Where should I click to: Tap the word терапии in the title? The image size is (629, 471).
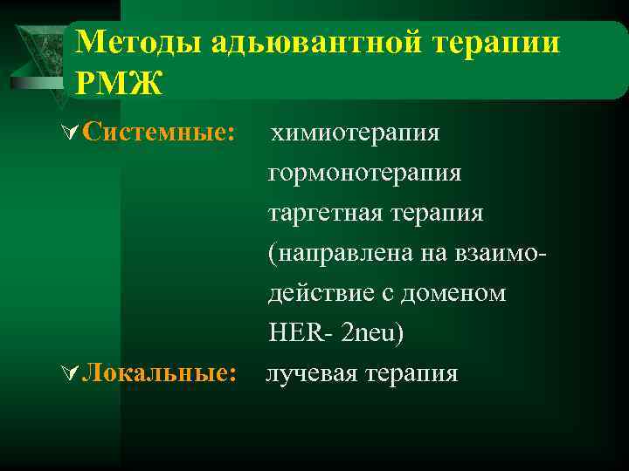tap(499, 43)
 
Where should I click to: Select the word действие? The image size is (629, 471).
tap(317, 293)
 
